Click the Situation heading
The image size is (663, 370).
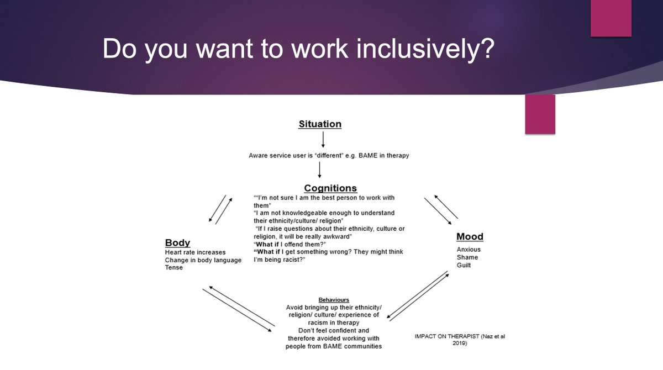click(320, 124)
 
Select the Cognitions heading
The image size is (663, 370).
click(330, 188)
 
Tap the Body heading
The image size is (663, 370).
click(177, 242)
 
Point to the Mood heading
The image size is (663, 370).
click(470, 237)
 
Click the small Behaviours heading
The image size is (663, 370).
click(334, 300)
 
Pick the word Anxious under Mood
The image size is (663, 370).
click(469, 250)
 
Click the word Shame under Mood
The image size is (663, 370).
click(467, 257)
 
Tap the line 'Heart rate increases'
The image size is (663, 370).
click(195, 252)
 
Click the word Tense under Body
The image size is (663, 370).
click(173, 268)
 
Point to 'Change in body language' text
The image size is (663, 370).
click(203, 260)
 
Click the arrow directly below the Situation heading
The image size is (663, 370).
click(320, 139)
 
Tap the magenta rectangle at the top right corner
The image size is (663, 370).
click(611, 18)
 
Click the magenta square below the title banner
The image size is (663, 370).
click(540, 114)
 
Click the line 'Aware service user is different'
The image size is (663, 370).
click(329, 156)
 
